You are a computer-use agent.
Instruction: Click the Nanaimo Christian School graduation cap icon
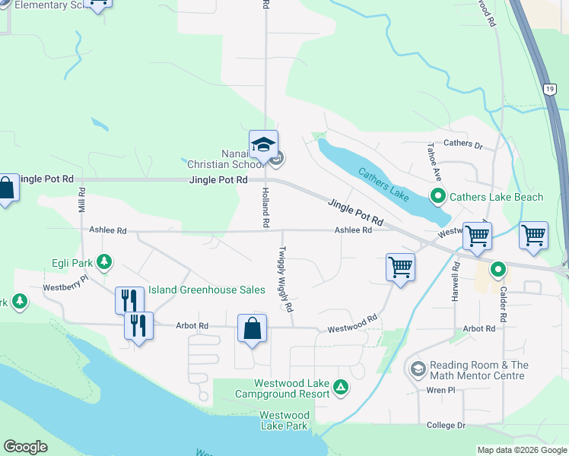point(263,144)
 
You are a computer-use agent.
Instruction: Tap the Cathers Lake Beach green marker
point(438,198)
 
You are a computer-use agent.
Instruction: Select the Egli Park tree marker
point(105,263)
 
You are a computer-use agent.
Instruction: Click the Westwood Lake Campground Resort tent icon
point(342,389)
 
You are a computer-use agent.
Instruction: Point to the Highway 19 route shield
point(549,90)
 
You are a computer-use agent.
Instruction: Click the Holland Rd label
point(266,208)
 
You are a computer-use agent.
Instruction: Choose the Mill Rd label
point(82,201)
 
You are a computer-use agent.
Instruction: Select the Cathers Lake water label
point(384,183)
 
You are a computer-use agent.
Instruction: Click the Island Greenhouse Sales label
point(206,290)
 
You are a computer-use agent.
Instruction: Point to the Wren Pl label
point(440,390)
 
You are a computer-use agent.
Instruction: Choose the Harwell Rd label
point(456,280)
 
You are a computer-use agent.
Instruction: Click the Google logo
point(25,447)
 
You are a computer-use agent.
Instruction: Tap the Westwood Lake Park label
point(284,420)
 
